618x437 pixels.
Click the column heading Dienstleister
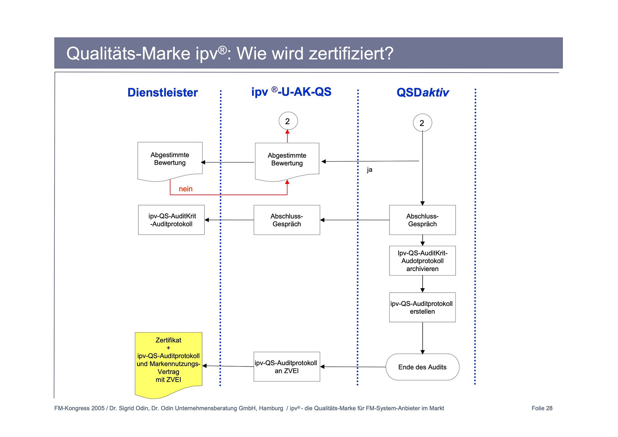(x=163, y=93)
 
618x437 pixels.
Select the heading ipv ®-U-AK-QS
(x=291, y=92)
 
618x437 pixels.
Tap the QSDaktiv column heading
(x=422, y=93)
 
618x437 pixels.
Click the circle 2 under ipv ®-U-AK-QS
(x=288, y=121)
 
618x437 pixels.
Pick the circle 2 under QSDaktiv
(x=422, y=123)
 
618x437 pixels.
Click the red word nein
(x=186, y=189)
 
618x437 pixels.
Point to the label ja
(x=370, y=170)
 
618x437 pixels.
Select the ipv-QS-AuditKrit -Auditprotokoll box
(x=172, y=220)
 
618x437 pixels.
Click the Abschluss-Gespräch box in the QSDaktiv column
(x=422, y=220)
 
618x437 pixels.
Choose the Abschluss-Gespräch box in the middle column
(x=287, y=220)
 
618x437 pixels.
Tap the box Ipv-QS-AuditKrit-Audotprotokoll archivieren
(x=422, y=261)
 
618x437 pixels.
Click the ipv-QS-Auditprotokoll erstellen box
(x=422, y=308)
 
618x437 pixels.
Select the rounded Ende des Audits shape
(x=422, y=367)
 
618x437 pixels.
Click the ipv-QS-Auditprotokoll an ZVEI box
(x=287, y=367)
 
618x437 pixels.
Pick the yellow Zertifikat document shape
(x=168, y=361)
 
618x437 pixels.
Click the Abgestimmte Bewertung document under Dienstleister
(x=170, y=159)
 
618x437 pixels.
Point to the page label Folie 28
(x=542, y=408)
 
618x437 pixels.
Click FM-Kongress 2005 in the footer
(x=79, y=408)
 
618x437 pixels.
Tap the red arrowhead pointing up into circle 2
(x=287, y=132)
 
